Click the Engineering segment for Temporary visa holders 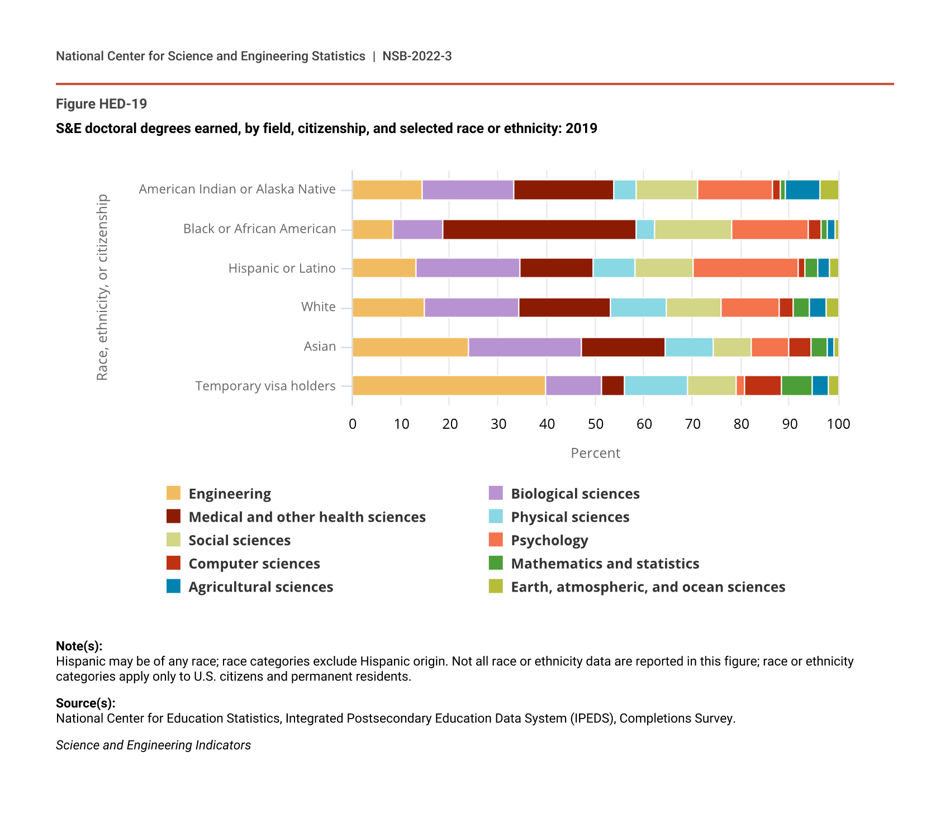click(x=449, y=386)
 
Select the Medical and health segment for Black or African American click(x=539, y=229)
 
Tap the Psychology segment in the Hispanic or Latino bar click(x=745, y=268)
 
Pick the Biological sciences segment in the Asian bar click(x=525, y=347)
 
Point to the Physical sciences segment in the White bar click(x=638, y=308)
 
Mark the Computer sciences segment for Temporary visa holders click(x=763, y=386)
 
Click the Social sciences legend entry click(x=239, y=540)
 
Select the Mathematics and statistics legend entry click(x=605, y=564)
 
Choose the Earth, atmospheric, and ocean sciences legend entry click(x=648, y=587)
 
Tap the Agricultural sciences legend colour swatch click(x=174, y=587)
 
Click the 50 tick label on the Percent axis click(x=596, y=424)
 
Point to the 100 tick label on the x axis click(x=838, y=424)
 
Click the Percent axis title click(x=595, y=453)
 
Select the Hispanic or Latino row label click(x=282, y=268)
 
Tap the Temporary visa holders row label click(x=265, y=386)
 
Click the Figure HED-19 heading click(x=101, y=104)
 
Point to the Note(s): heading click(x=79, y=646)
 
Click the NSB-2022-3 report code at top click(x=417, y=56)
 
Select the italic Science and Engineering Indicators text click(x=153, y=745)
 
